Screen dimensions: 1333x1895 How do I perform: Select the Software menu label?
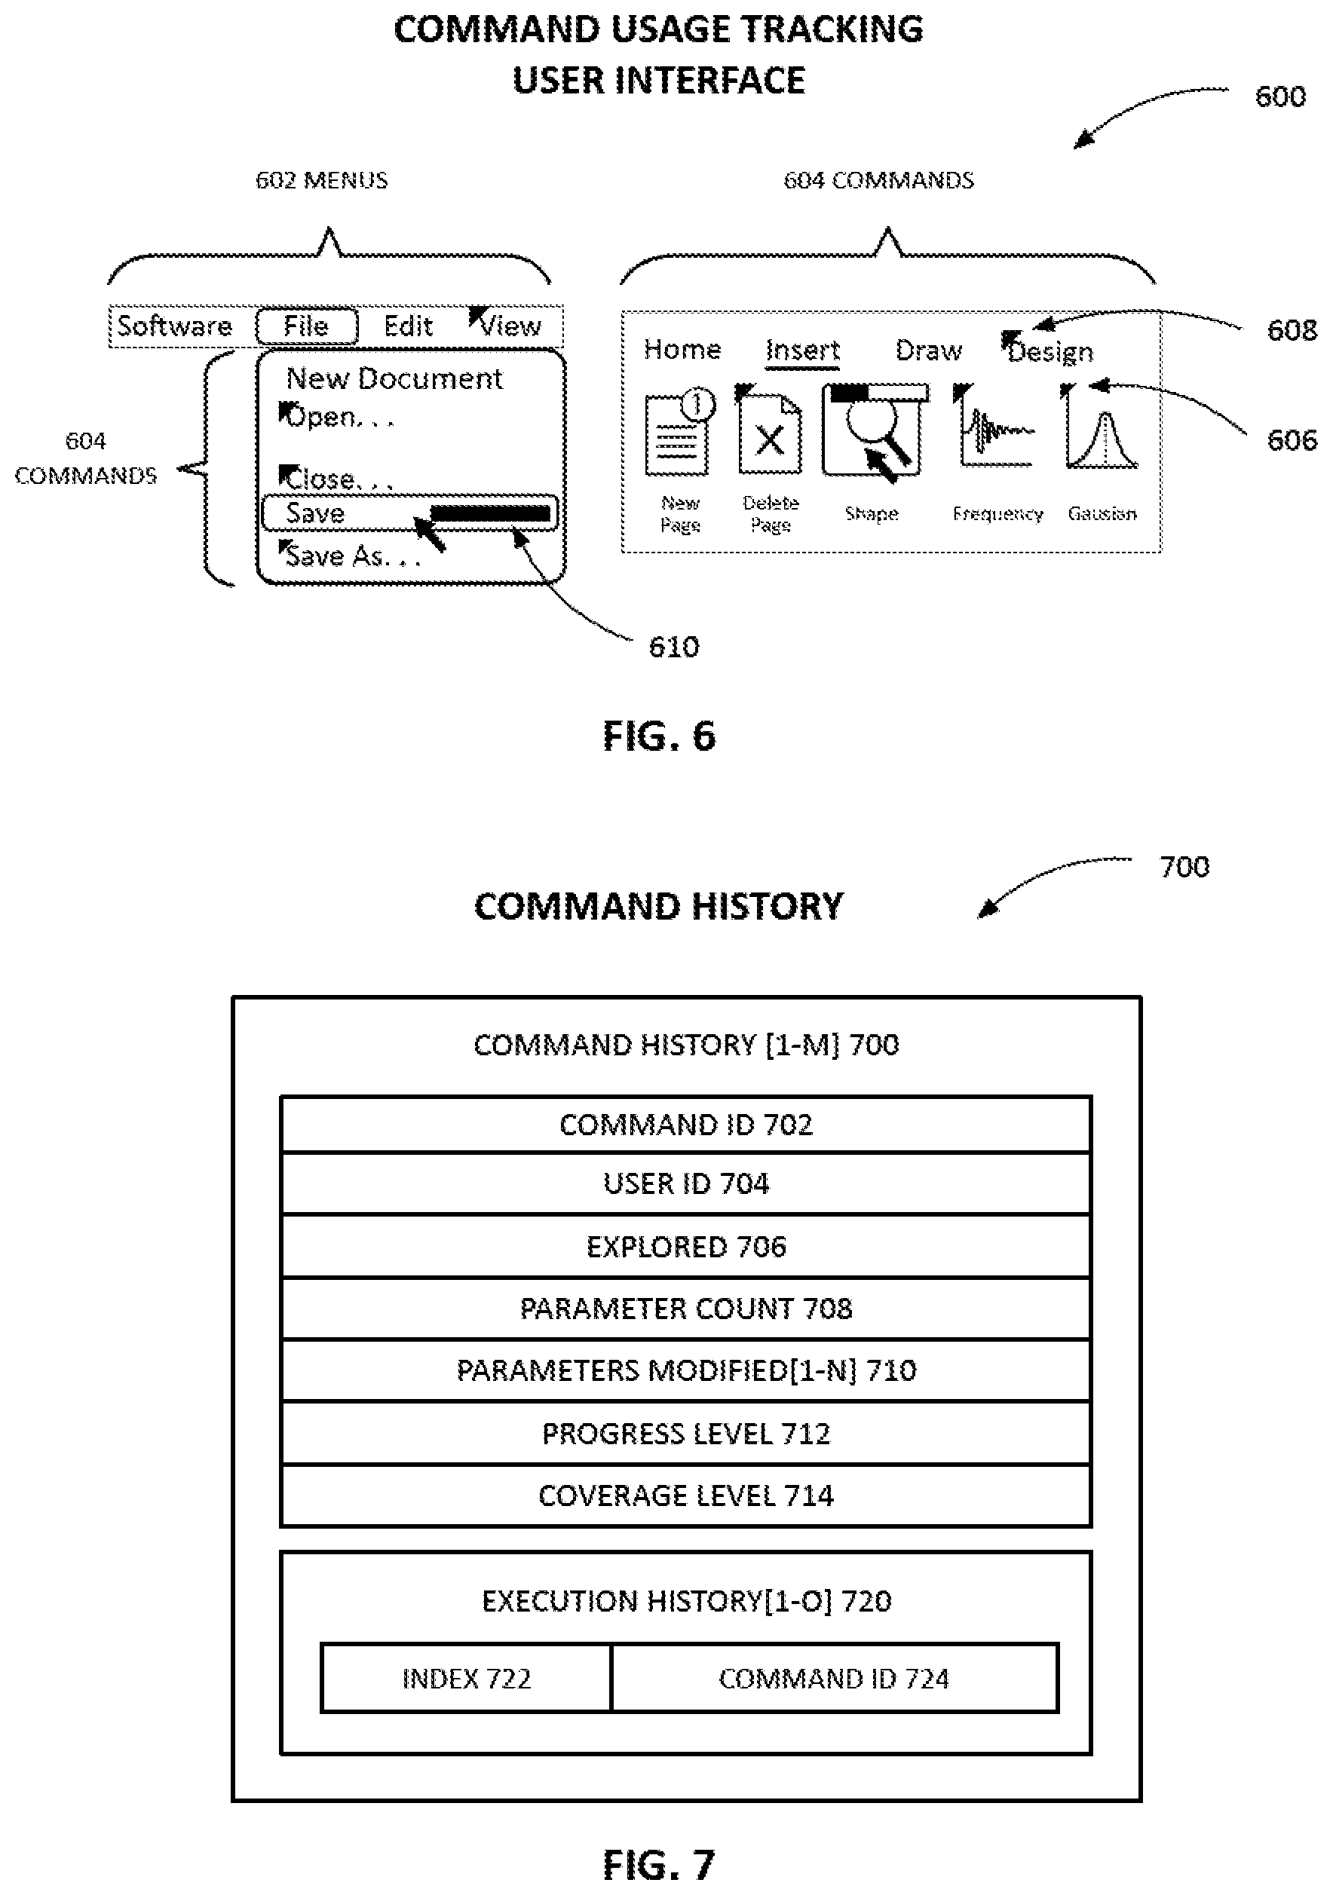tap(174, 326)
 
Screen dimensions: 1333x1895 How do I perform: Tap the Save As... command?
tap(352, 556)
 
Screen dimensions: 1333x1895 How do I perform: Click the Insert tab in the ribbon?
tap(802, 350)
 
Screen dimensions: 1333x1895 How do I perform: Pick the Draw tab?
tap(929, 350)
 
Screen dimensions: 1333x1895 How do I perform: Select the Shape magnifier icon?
tap(874, 430)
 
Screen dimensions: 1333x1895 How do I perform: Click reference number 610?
tap(673, 646)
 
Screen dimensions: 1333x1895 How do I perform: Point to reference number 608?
tap(1292, 330)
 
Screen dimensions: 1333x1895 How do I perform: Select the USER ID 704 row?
tap(685, 1183)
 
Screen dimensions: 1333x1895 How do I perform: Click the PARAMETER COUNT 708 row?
tap(685, 1308)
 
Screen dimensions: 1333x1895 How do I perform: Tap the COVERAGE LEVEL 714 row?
tap(685, 1495)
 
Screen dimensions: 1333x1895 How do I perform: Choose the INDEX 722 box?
tap(467, 1678)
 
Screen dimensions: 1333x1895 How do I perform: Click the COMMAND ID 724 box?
tap(835, 1678)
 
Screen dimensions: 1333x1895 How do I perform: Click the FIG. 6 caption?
tap(659, 736)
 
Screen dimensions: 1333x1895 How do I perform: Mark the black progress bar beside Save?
tap(490, 513)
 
